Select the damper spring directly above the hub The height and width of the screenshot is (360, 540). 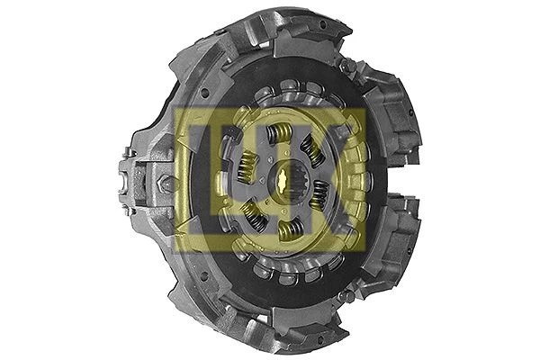[x=280, y=134]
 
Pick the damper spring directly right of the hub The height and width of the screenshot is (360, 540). [x=319, y=195]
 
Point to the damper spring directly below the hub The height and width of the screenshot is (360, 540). [x=292, y=229]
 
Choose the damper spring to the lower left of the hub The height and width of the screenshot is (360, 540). [x=254, y=214]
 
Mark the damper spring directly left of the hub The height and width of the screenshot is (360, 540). [x=247, y=166]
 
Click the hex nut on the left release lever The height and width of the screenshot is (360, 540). [x=164, y=183]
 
